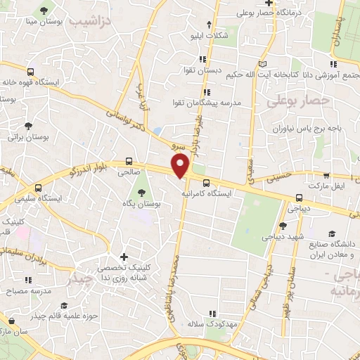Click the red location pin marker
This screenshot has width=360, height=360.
(181, 166)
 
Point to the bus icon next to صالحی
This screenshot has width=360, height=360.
(129, 161)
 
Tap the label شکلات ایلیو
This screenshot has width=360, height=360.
(209, 35)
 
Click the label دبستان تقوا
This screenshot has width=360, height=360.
(200, 72)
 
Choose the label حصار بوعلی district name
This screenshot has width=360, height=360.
(297, 102)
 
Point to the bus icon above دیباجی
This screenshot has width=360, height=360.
(300, 198)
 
